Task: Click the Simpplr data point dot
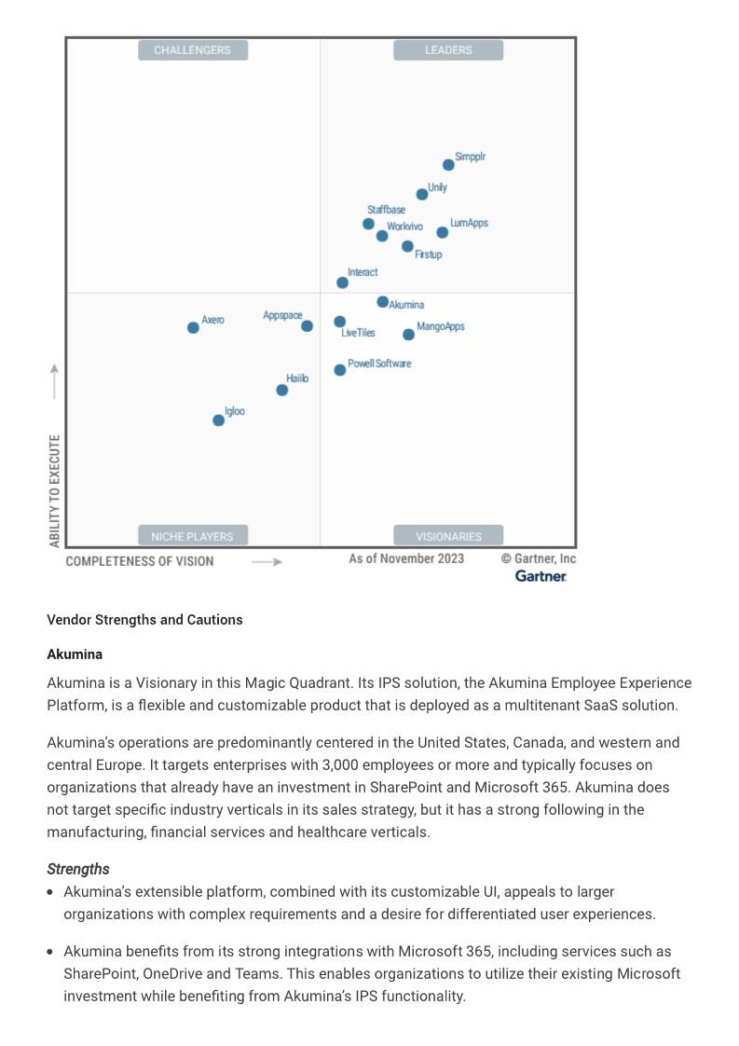click(448, 165)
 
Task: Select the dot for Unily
click(422, 195)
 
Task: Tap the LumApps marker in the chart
click(443, 232)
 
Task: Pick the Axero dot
click(193, 327)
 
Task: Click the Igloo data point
click(218, 420)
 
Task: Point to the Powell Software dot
click(340, 370)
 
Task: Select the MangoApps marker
click(408, 335)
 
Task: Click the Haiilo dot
click(282, 390)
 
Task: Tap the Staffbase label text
click(386, 210)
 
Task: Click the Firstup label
click(429, 255)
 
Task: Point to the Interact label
click(363, 272)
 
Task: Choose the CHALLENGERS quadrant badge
click(193, 50)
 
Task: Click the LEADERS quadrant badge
click(448, 50)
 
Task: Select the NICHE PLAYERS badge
click(193, 536)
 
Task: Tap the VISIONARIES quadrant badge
click(448, 536)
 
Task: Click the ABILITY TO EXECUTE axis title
click(55, 490)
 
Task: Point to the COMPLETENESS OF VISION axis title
click(140, 561)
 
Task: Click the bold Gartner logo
click(541, 576)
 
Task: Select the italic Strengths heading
click(78, 869)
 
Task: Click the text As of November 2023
click(406, 558)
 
